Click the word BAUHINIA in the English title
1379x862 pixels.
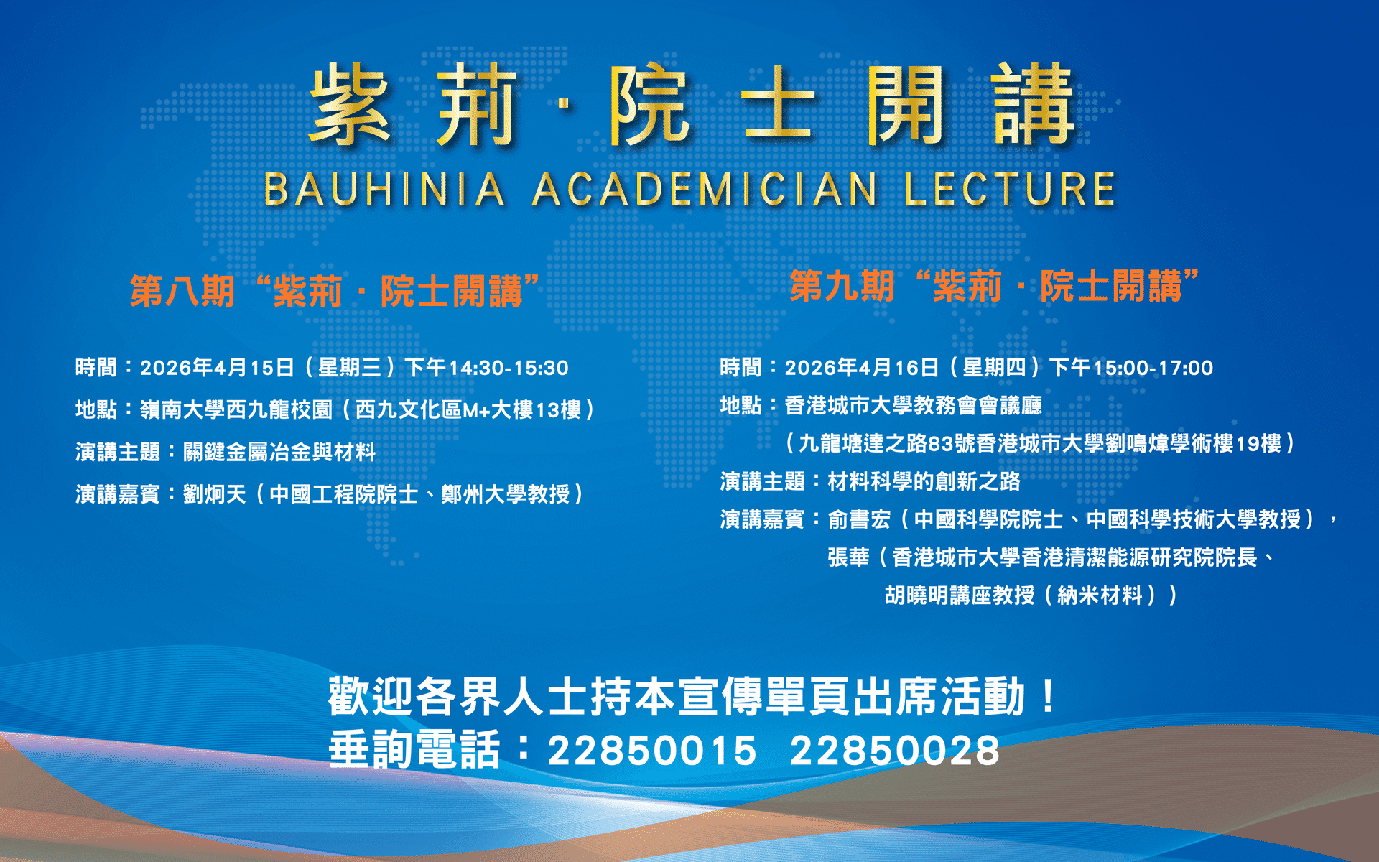click(x=384, y=189)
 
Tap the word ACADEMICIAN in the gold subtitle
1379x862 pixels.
click(x=705, y=189)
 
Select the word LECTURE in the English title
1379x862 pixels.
click(x=1010, y=189)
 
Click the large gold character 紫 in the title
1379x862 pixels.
click(x=350, y=104)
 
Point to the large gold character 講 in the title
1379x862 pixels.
click(x=1034, y=104)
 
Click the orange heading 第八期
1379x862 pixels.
click(x=182, y=291)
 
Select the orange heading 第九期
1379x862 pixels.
click(x=842, y=286)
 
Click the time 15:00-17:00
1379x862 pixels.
click(x=1153, y=369)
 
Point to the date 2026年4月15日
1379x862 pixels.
click(x=217, y=369)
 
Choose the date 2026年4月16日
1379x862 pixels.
click(x=862, y=369)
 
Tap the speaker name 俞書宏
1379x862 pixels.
click(x=859, y=519)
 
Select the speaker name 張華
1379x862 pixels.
click(x=848, y=557)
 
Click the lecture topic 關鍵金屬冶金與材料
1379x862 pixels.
click(x=279, y=452)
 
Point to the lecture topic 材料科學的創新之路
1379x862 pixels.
click(x=924, y=481)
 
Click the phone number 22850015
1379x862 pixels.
click(x=652, y=751)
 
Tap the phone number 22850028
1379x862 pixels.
click(x=895, y=751)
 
